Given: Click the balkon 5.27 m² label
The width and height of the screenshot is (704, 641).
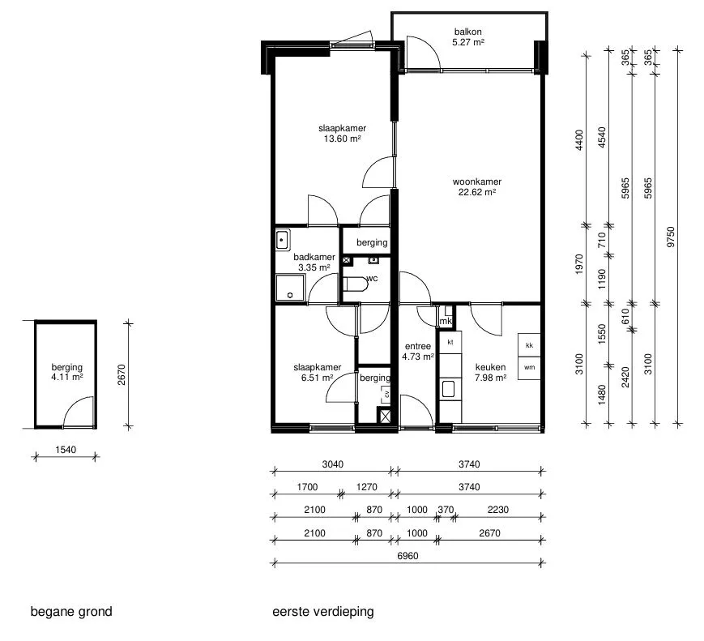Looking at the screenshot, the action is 467,36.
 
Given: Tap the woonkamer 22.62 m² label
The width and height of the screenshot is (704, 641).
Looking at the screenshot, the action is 477,187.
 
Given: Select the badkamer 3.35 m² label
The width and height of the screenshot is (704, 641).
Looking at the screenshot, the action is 314,262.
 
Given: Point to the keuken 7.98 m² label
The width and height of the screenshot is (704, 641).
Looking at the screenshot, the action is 490,373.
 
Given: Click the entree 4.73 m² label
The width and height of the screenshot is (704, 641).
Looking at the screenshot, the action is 418,351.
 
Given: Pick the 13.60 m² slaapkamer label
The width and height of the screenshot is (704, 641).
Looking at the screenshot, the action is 342,134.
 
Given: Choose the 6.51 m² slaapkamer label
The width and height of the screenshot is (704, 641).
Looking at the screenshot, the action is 318,373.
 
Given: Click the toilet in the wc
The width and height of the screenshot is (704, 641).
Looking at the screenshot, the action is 355,284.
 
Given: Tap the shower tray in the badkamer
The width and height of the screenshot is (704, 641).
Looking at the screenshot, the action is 290,288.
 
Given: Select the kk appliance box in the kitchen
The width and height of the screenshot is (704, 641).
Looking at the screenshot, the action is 529,345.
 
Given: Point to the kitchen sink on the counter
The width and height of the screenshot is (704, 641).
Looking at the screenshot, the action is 449,389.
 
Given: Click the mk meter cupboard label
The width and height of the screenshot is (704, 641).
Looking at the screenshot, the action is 446,321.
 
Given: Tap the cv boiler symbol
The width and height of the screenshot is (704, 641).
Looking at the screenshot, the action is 386,395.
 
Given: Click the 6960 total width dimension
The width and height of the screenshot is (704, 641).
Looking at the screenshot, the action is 407,556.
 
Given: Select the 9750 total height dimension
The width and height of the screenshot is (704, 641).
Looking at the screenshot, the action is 671,237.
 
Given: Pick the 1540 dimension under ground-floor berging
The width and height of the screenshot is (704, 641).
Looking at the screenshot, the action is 66,450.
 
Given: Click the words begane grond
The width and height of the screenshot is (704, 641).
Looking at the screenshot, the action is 71,612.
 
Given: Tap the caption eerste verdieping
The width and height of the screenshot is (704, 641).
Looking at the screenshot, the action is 323,612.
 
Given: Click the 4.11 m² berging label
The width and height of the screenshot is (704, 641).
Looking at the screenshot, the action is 67,372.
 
